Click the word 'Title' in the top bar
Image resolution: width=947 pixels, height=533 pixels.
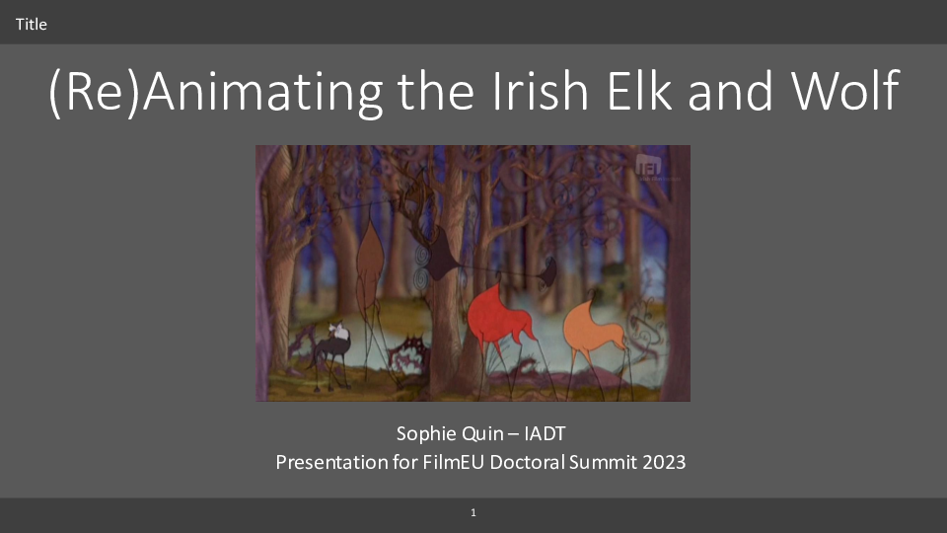click(31, 24)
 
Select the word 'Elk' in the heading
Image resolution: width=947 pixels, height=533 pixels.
click(639, 90)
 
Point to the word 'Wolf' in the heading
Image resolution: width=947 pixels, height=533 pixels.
click(845, 90)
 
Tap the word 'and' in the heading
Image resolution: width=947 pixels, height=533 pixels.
click(730, 90)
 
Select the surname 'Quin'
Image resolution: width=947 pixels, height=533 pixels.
click(476, 433)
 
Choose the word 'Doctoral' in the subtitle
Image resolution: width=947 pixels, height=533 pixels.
click(527, 462)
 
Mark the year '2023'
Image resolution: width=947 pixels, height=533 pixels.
click(664, 462)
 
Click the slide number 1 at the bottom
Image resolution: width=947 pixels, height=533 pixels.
click(473, 512)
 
